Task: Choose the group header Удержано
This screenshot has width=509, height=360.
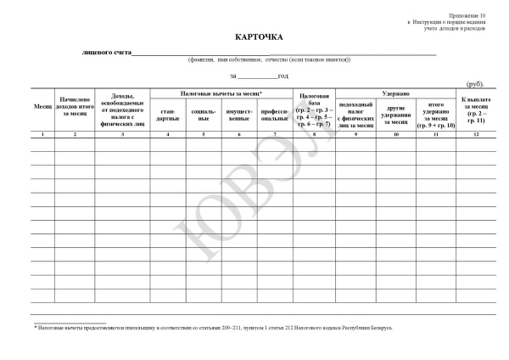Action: pos(396,93)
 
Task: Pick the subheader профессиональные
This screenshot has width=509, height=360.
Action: pos(275,115)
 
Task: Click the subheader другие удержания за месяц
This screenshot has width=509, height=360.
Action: pos(396,115)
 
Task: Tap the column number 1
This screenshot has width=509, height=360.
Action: pos(42,135)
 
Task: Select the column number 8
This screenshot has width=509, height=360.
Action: pos(314,135)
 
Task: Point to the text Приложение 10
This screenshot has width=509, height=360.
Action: pos(471,16)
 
